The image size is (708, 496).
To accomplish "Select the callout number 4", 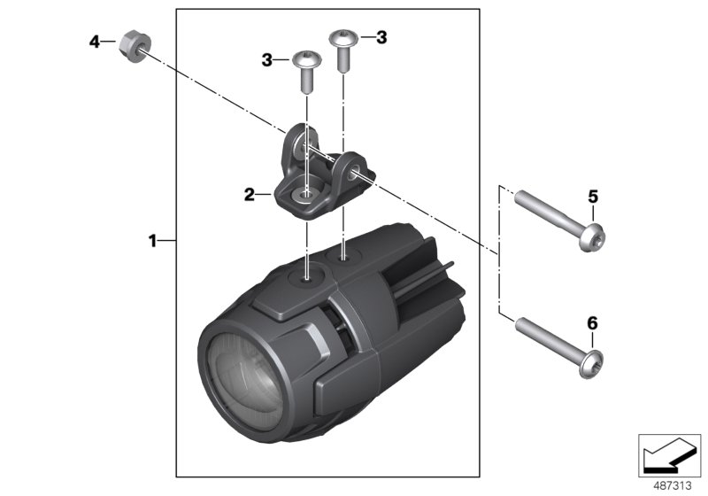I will [95, 41].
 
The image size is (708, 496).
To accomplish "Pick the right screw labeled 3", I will [342, 49].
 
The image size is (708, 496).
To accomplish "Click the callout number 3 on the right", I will [381, 37].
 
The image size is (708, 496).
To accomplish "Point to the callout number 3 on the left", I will [266, 59].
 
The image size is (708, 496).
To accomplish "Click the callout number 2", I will [250, 193].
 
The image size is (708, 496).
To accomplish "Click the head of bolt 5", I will [590, 236].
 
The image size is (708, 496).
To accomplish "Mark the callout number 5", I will [593, 197].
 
